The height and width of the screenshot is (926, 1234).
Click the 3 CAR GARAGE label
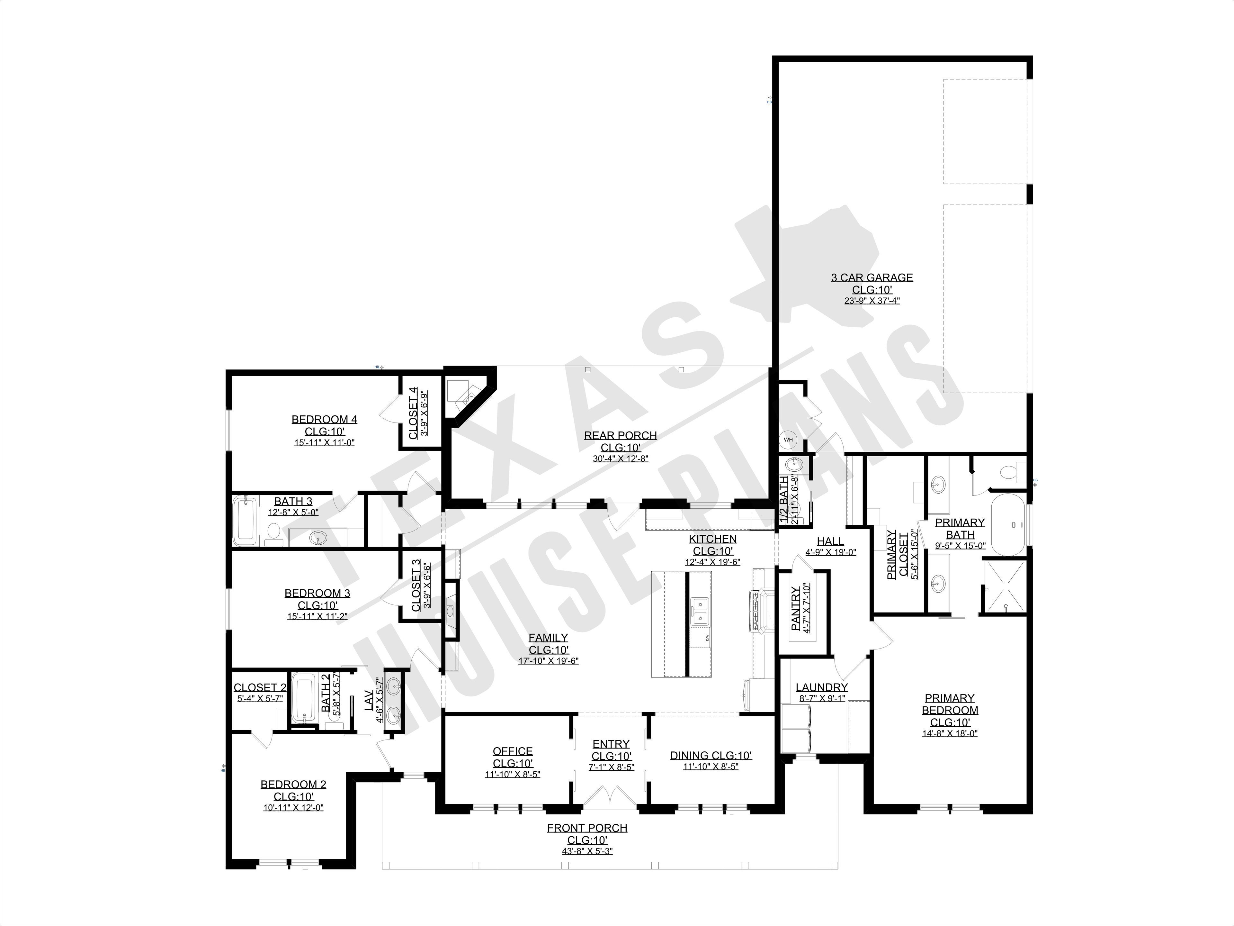pyautogui.click(x=872, y=277)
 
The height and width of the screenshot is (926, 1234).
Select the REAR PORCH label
pyautogui.click(x=620, y=435)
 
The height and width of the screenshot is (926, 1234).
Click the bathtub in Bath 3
pyautogui.click(x=246, y=521)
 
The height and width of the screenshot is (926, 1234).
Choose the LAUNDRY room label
pyautogui.click(x=822, y=688)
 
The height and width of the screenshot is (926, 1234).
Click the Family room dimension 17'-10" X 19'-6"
pyautogui.click(x=548, y=661)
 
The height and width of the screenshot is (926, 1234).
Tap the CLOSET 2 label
pyautogui.click(x=260, y=688)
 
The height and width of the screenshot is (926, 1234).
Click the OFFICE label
pyautogui.click(x=513, y=751)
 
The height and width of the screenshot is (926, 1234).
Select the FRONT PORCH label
pyautogui.click(x=587, y=828)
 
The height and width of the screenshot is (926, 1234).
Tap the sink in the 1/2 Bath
pyautogui.click(x=794, y=464)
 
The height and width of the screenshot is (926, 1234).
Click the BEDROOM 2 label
pyautogui.click(x=293, y=784)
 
